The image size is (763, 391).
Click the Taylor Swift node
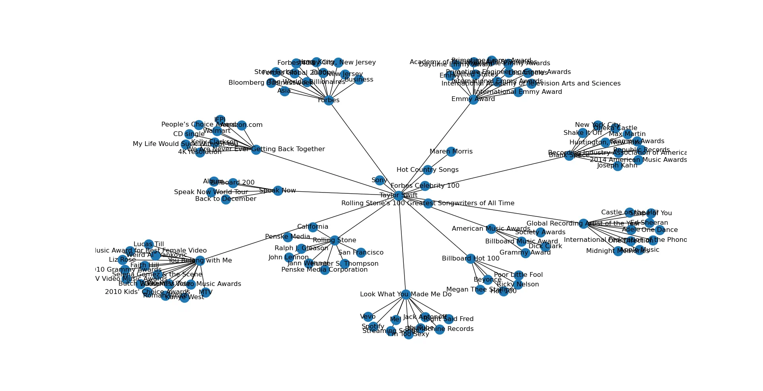(x=398, y=195)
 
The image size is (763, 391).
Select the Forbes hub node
(x=329, y=100)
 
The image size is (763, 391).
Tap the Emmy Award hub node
(x=473, y=99)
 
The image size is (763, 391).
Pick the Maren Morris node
(x=451, y=152)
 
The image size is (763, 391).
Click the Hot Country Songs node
(x=428, y=170)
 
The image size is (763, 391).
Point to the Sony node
(x=380, y=180)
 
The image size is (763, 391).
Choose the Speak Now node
(x=278, y=191)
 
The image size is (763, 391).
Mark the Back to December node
(x=226, y=199)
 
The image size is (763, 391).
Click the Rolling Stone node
(x=335, y=240)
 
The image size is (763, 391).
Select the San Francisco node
(x=361, y=253)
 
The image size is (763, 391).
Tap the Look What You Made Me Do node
(x=405, y=294)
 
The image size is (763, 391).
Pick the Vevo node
(x=368, y=317)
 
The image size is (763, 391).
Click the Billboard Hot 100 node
(x=471, y=259)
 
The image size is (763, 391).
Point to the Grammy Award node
(x=525, y=253)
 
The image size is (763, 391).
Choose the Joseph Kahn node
(x=617, y=165)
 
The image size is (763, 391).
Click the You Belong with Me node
(x=200, y=261)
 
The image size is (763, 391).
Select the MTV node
(x=205, y=292)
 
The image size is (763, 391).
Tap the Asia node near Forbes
(x=284, y=91)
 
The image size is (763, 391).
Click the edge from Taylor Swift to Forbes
(x=364, y=148)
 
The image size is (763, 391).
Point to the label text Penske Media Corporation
(x=324, y=270)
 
